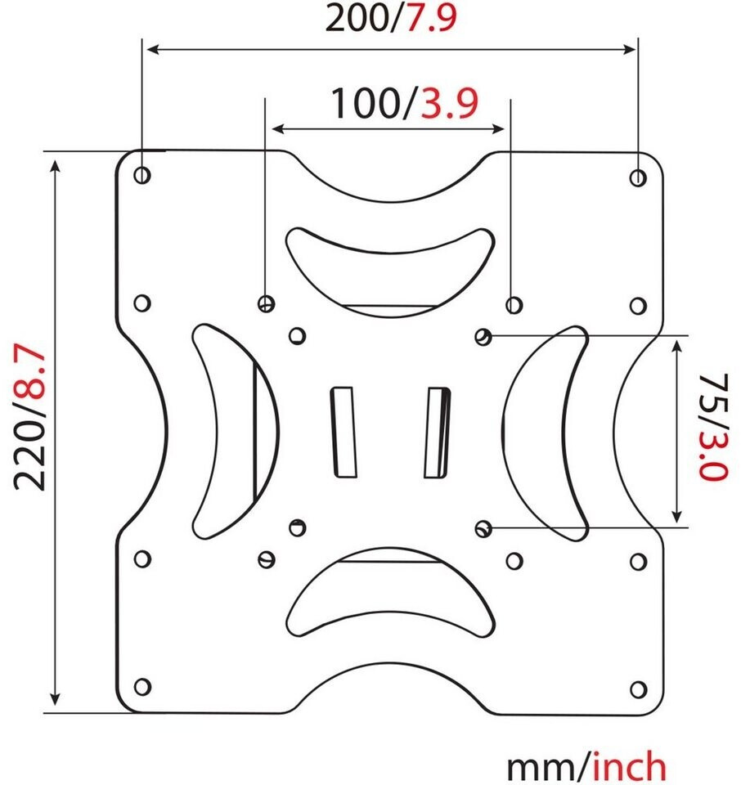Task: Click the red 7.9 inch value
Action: [x=431, y=18]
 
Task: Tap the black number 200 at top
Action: [x=357, y=19]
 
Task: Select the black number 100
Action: [x=364, y=104]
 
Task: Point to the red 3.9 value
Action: [x=450, y=104]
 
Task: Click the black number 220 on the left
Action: [x=30, y=454]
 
